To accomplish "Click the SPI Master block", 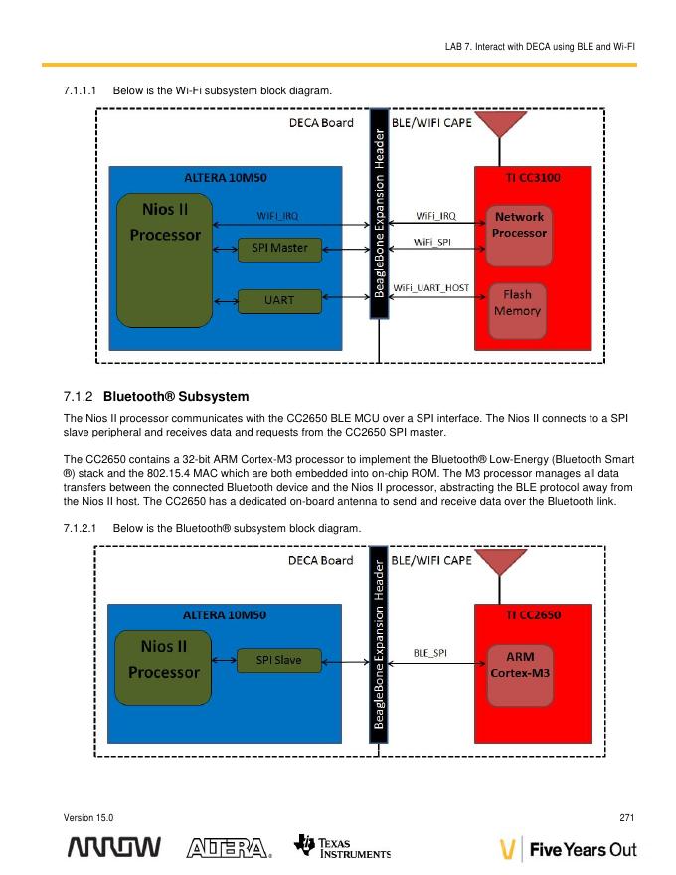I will (279, 248).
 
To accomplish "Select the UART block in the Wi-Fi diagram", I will (279, 299).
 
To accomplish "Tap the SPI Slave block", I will (279, 659).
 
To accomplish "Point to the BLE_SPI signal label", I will (429, 653).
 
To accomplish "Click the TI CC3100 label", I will (532, 178).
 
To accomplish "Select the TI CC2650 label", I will (533, 614).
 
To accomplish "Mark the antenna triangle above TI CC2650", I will (502, 562).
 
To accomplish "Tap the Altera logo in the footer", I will (229, 848).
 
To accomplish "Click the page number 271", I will (626, 817).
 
